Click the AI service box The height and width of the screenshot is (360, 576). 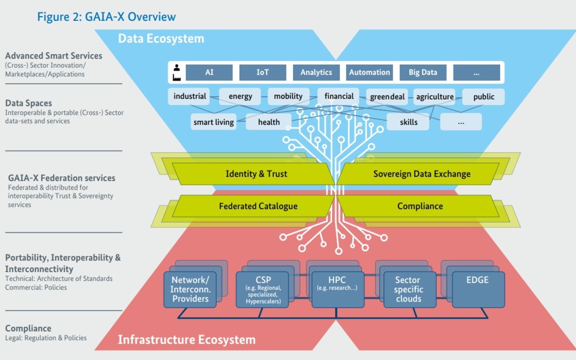pyautogui.click(x=209, y=72)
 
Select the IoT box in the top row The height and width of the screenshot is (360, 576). pyautogui.click(x=262, y=72)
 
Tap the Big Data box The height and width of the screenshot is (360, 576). pyautogui.click(x=423, y=72)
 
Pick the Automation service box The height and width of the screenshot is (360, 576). pyautogui.click(x=369, y=72)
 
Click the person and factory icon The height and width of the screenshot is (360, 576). pyautogui.click(x=176, y=72)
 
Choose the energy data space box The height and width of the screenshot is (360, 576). pyautogui.click(x=240, y=96)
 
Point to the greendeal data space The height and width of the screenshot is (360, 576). pyautogui.click(x=387, y=97)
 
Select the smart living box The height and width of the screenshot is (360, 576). pyautogui.click(x=213, y=122)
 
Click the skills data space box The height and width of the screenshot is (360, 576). pyautogui.click(x=408, y=122)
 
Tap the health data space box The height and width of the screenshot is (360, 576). pyautogui.click(x=269, y=122)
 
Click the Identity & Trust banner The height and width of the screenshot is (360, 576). pyautogui.click(x=256, y=174)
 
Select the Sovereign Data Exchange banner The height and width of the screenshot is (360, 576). pyautogui.click(x=422, y=174)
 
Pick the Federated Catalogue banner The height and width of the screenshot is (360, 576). pyautogui.click(x=258, y=206)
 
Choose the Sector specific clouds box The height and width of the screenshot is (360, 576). pyautogui.click(x=409, y=289)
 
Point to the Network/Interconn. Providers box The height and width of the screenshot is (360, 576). pyautogui.click(x=190, y=289)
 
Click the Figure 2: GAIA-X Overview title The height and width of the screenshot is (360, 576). pyautogui.click(x=107, y=17)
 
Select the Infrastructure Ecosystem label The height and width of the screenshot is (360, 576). pyautogui.click(x=186, y=339)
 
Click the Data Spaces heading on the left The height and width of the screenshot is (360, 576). pyautogui.click(x=28, y=103)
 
